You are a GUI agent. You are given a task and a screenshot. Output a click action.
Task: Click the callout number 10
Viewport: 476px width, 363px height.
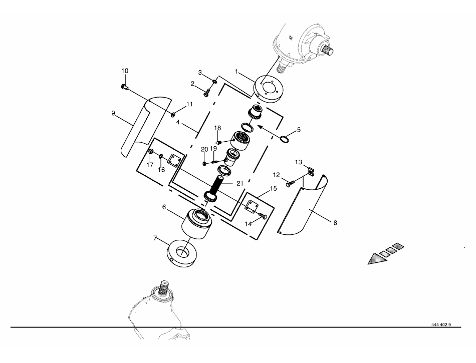tap(125, 71)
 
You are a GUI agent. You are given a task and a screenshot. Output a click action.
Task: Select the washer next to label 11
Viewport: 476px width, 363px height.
tap(173, 115)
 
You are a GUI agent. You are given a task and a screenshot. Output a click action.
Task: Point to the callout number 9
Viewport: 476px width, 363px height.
tap(114, 113)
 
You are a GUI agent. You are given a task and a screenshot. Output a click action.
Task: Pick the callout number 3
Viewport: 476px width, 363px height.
tap(200, 73)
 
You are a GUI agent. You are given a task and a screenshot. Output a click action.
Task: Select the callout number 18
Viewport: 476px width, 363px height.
tap(217, 128)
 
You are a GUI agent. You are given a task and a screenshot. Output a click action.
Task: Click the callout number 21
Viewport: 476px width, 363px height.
tap(240, 183)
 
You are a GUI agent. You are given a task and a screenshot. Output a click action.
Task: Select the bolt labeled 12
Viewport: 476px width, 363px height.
tap(289, 184)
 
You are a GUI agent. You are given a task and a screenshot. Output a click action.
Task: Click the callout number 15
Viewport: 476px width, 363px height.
tap(273, 188)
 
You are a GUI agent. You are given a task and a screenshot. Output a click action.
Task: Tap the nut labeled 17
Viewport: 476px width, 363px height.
tap(150, 152)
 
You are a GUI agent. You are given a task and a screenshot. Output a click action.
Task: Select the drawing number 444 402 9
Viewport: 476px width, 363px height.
tap(441, 324)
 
